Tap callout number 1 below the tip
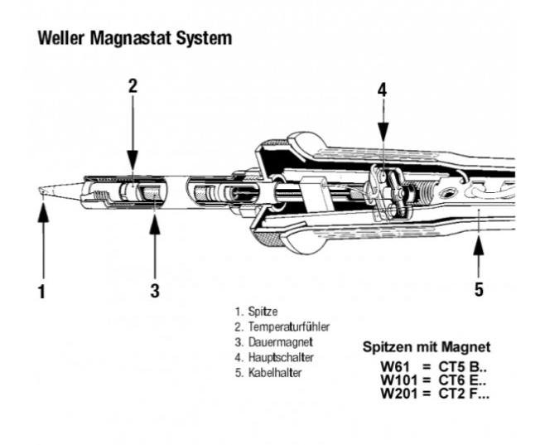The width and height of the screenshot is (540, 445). [x=41, y=291]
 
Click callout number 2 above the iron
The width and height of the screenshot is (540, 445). [x=133, y=85]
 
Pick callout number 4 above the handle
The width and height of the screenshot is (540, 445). [x=382, y=89]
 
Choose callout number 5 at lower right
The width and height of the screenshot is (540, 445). [x=479, y=289]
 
